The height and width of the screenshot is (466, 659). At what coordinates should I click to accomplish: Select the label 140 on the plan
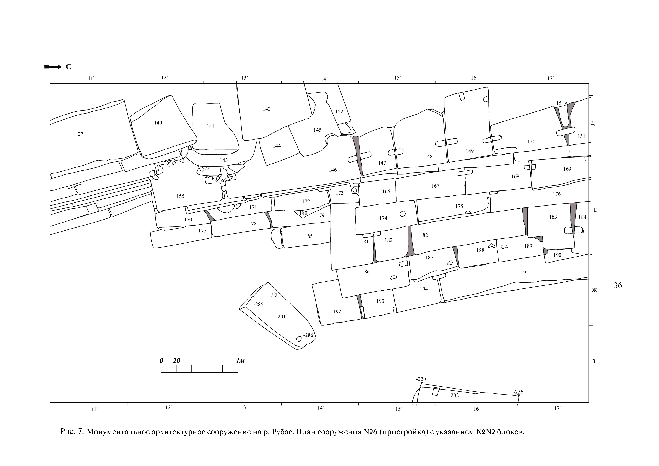click(158, 123)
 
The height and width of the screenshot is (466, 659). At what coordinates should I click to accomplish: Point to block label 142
click(267, 109)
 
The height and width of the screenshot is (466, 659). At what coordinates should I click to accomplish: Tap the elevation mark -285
click(258, 304)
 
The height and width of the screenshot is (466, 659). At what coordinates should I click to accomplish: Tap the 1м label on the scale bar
click(240, 361)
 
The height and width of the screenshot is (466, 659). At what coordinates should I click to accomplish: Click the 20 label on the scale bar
click(176, 361)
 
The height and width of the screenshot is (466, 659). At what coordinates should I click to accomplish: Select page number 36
click(618, 285)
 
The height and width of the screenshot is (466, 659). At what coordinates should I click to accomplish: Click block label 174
click(383, 218)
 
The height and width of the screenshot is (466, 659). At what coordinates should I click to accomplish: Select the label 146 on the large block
click(333, 170)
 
